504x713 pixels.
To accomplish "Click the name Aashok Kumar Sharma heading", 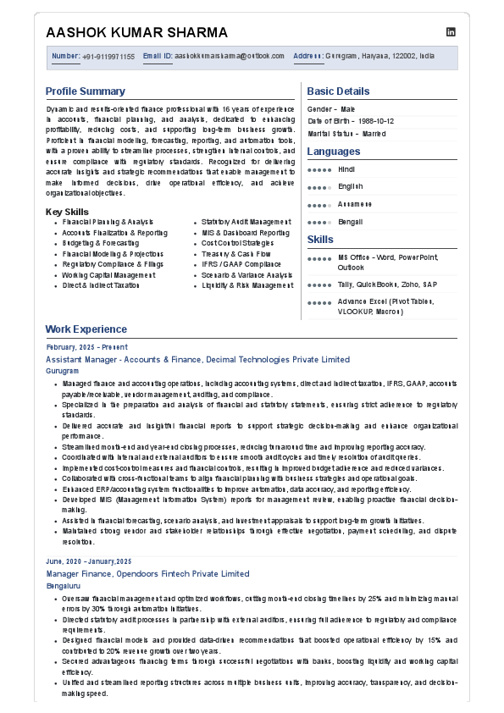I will point(136,33).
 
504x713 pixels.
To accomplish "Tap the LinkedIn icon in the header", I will point(451,31).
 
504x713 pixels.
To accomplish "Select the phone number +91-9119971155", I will point(108,57).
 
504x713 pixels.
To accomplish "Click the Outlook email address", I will point(230,57).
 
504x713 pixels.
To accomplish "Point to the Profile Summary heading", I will point(86,91).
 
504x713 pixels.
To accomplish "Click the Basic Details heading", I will point(338,91).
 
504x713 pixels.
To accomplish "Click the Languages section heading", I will point(333,152).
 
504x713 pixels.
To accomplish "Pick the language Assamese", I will point(354,204).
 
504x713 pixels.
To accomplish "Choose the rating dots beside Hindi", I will point(318,170).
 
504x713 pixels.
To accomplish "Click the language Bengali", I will point(350,222).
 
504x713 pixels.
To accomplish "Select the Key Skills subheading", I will point(67,212).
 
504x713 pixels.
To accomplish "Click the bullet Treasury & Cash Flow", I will point(236,253).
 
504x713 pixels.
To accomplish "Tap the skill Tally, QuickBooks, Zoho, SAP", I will point(387,285).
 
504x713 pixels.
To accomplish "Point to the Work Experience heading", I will point(86,329).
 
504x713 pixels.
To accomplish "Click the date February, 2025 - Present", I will point(87,347).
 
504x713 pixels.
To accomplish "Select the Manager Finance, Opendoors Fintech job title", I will point(148,573).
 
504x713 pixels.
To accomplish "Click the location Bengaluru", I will point(64,585).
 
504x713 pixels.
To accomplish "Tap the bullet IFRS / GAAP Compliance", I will point(241,264).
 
